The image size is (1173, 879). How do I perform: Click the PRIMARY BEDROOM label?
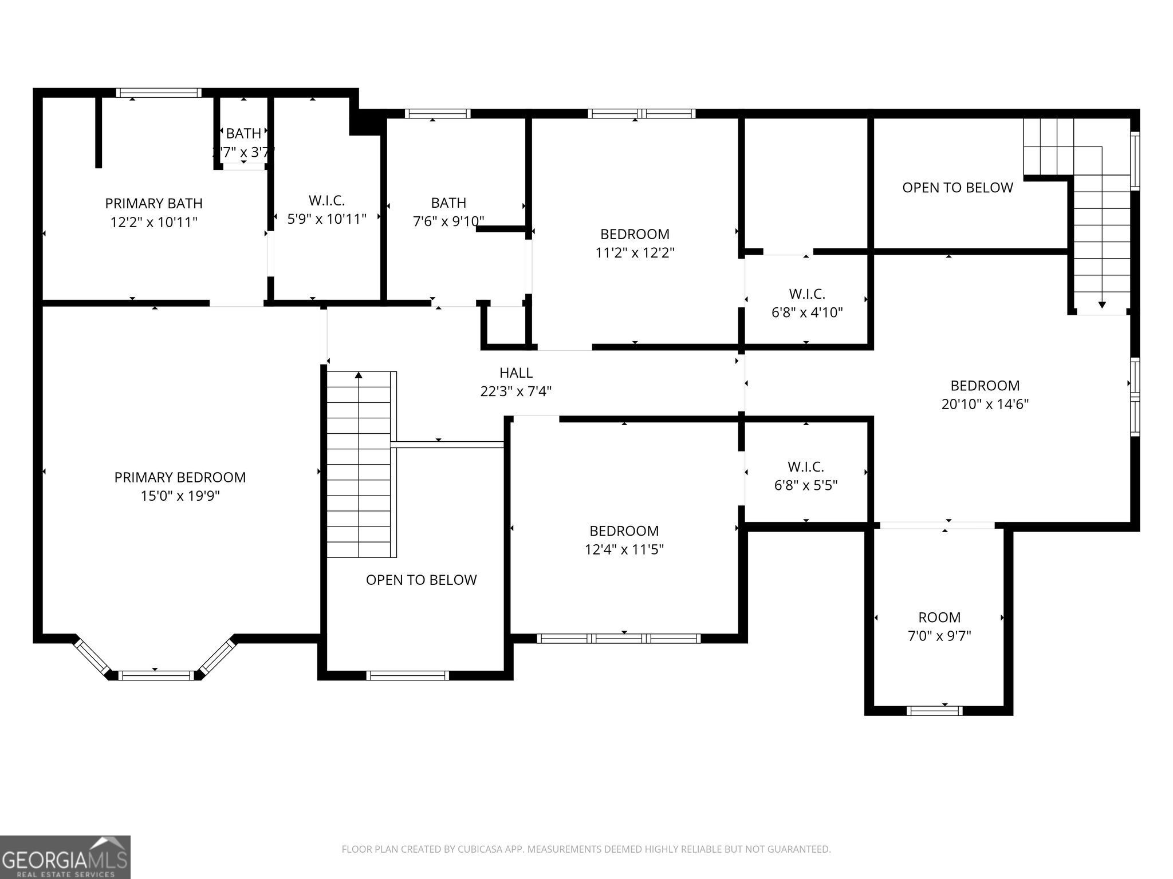tap(180, 477)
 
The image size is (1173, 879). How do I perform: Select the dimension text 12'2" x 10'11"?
tap(153, 222)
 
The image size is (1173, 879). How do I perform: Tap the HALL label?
tap(516, 373)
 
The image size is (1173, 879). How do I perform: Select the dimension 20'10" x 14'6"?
tap(985, 404)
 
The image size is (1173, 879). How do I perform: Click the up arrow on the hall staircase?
tap(359, 375)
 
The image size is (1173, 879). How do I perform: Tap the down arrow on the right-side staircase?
tap(1101, 304)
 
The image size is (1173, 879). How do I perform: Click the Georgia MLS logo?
tap(65, 857)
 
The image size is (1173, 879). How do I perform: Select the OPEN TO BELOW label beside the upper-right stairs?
tap(957, 188)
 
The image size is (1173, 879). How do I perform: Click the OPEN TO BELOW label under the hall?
tap(421, 580)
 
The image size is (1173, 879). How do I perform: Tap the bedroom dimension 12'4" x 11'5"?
tap(624, 549)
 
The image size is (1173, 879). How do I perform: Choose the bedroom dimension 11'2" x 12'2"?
tap(635, 252)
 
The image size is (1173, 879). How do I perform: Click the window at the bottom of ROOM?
tap(934, 710)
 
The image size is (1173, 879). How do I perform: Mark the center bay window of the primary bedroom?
tap(156, 675)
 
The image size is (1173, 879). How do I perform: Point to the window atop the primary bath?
tap(159, 93)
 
